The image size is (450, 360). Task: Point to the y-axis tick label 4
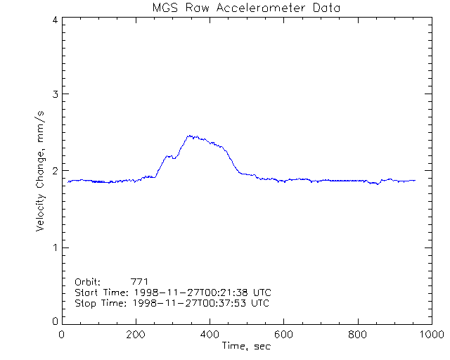54,20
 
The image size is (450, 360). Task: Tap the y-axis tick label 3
54,94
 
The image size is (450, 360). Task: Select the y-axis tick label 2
54,171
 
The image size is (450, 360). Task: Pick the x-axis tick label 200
136,335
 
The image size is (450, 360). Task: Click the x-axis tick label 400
210,335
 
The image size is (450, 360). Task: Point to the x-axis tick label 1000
430,335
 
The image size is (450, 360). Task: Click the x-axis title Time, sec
246,346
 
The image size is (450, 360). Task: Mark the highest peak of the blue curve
189,136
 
